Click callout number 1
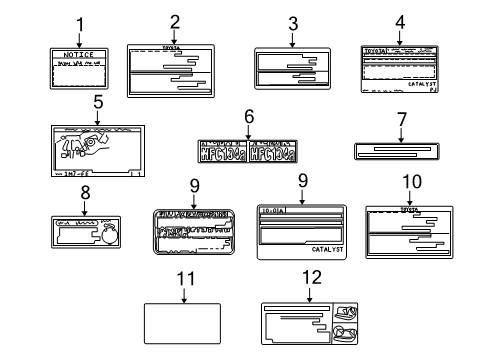click(80, 23)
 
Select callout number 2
click(174, 21)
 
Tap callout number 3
click(292, 23)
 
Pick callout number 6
click(248, 118)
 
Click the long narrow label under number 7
click(396, 150)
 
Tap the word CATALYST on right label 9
click(326, 248)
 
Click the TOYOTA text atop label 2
click(174, 46)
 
